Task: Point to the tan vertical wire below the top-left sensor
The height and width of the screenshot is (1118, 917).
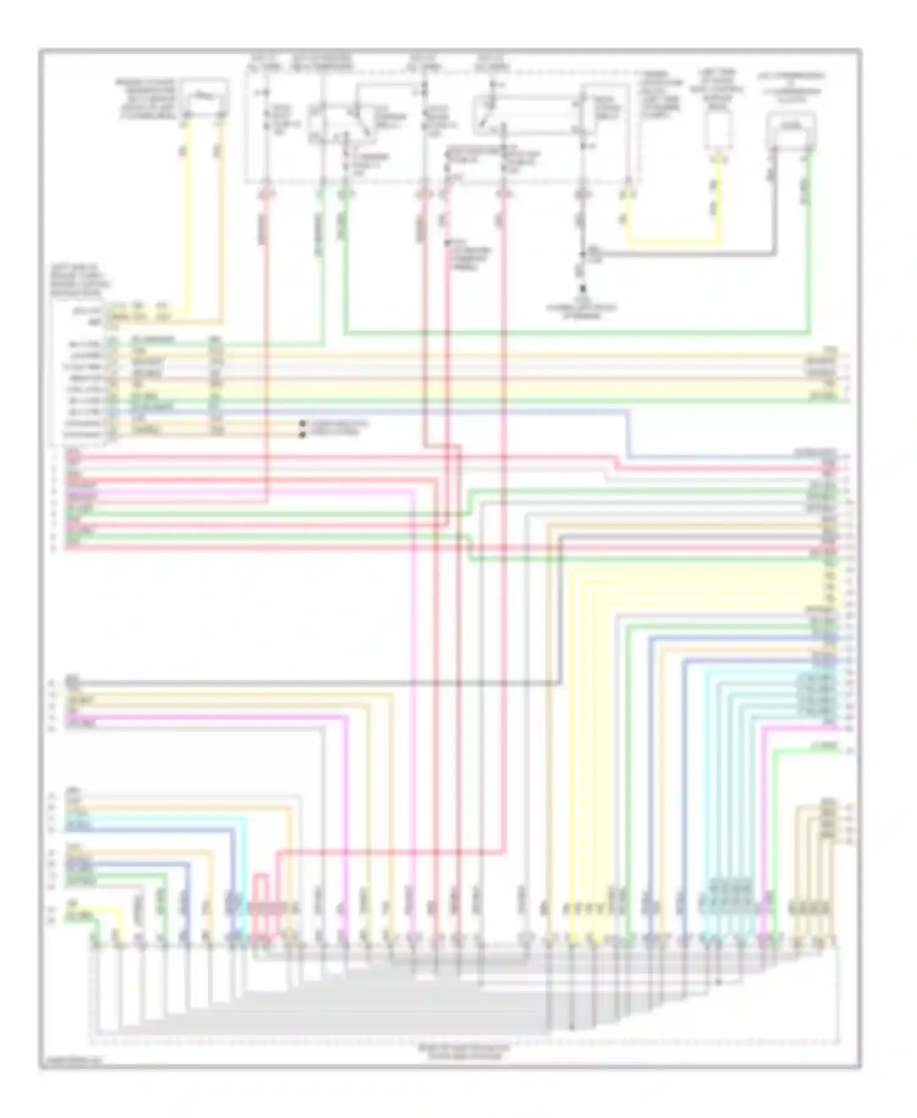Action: (221, 214)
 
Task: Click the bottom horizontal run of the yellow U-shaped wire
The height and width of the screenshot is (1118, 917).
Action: (672, 240)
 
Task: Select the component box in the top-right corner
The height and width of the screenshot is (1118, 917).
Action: (792, 130)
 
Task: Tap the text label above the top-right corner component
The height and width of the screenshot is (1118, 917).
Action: (792, 86)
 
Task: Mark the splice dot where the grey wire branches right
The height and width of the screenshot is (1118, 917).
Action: (583, 252)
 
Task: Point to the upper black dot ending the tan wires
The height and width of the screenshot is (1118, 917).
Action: (302, 423)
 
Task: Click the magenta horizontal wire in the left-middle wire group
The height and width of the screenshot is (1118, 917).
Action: (245, 491)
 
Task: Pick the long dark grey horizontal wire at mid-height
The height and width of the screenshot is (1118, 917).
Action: (306, 683)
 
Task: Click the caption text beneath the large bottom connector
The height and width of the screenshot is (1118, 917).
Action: (463, 1051)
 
